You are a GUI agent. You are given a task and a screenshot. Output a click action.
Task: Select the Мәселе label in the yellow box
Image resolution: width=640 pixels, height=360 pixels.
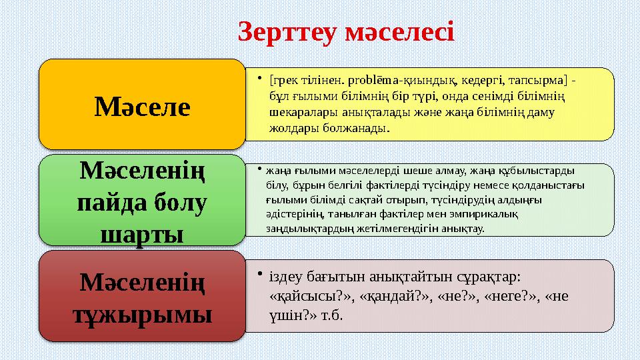(142, 105)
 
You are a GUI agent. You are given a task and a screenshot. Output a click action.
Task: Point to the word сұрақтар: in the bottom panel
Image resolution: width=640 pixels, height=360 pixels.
(485, 276)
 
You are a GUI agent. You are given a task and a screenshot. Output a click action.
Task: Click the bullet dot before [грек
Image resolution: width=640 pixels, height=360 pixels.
(258, 79)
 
